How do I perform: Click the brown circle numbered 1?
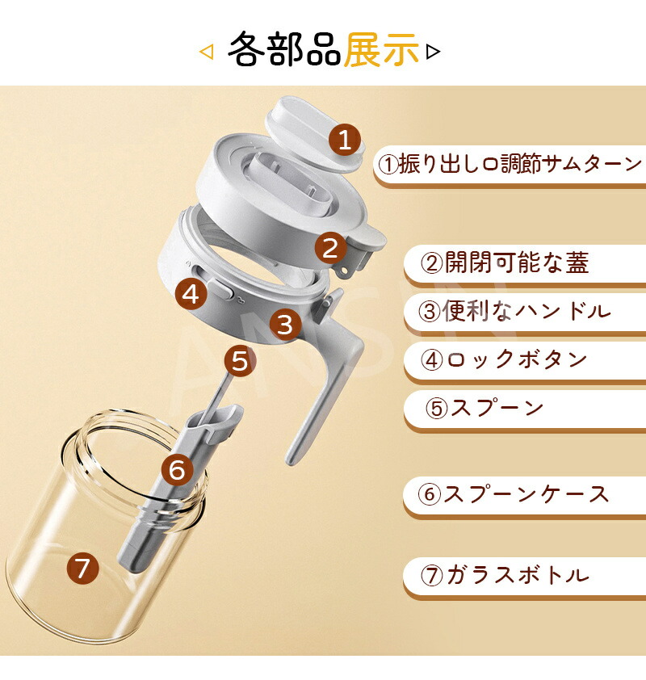point(345,139)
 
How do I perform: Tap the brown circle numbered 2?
point(331,248)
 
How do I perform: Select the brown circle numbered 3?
point(285,324)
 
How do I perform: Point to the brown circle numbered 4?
point(191,294)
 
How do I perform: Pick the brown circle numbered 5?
point(240,361)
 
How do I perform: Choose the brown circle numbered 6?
point(178,470)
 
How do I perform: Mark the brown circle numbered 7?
point(83,568)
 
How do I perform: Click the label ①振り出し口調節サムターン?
point(510,164)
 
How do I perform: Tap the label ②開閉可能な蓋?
point(505,262)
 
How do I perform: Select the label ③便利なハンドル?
point(514,311)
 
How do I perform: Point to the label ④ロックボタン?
point(504,359)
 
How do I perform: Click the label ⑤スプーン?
point(484,408)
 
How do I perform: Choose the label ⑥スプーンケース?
point(514,494)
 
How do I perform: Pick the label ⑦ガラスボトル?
point(505,575)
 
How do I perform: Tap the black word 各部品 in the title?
point(284,49)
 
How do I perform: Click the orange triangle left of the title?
point(207,52)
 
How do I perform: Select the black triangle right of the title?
point(433,52)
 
